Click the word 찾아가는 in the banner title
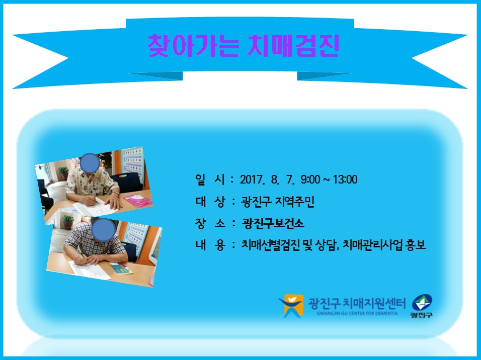tap(193, 46)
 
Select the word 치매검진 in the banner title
tap(293, 46)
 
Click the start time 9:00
tap(310, 179)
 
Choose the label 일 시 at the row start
tap(210, 179)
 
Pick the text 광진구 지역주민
tap(278, 202)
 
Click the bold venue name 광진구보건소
tap(273, 223)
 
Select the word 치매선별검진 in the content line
tap(270, 245)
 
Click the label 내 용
tap(210, 245)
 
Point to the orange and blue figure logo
tap(291, 306)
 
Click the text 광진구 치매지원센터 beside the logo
tap(357, 303)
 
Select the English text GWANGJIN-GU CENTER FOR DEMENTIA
tap(357, 313)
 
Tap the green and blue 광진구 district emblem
tap(422, 306)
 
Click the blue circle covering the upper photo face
tap(90, 163)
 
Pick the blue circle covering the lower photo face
tap(103, 230)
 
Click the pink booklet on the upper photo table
tap(138, 201)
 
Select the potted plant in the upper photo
tap(63, 172)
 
